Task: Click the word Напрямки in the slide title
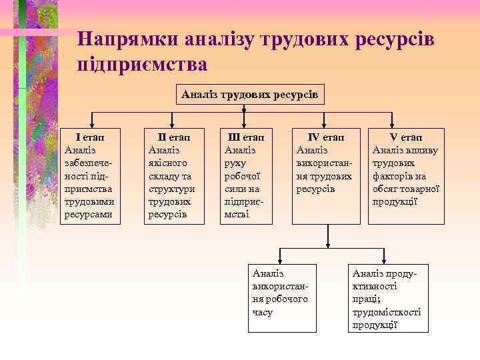(x=118, y=39)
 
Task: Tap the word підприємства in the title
(x=143, y=65)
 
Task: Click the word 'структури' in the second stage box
(x=169, y=189)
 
